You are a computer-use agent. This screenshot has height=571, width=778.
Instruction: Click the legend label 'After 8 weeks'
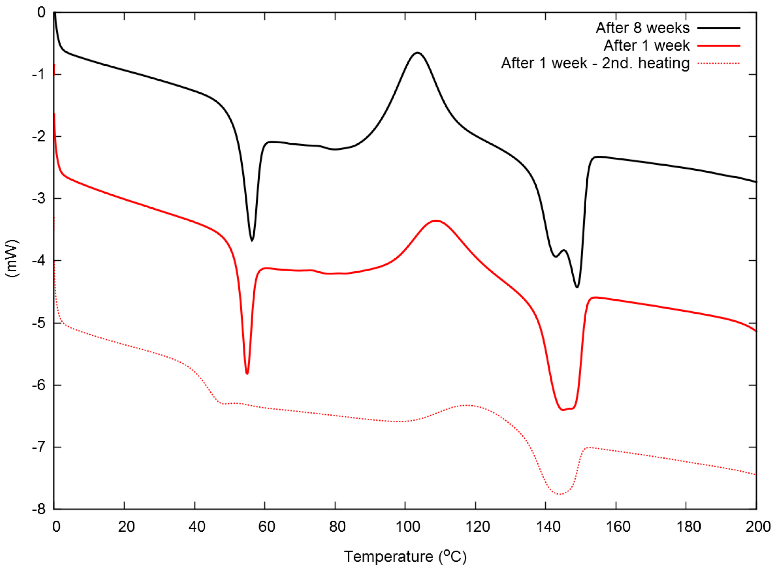click(642, 28)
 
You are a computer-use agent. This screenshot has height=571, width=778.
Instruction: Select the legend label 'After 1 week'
click(646, 46)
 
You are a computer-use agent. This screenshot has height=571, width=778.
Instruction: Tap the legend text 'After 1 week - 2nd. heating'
click(595, 63)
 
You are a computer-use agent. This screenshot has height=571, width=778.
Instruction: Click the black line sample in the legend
click(718, 28)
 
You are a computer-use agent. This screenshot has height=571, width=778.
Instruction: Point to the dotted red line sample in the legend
click(718, 64)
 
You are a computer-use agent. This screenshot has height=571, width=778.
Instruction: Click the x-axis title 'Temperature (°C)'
click(405, 557)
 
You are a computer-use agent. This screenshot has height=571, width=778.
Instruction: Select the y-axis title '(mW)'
click(12, 258)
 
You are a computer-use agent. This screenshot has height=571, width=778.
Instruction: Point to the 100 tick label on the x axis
click(408, 527)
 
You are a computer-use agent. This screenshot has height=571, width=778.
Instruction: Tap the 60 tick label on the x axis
click(267, 527)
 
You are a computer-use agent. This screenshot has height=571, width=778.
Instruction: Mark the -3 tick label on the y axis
click(38, 199)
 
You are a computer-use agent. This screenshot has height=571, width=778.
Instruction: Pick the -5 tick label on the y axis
click(38, 323)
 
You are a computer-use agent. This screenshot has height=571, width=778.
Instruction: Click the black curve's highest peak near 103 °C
click(417, 53)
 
